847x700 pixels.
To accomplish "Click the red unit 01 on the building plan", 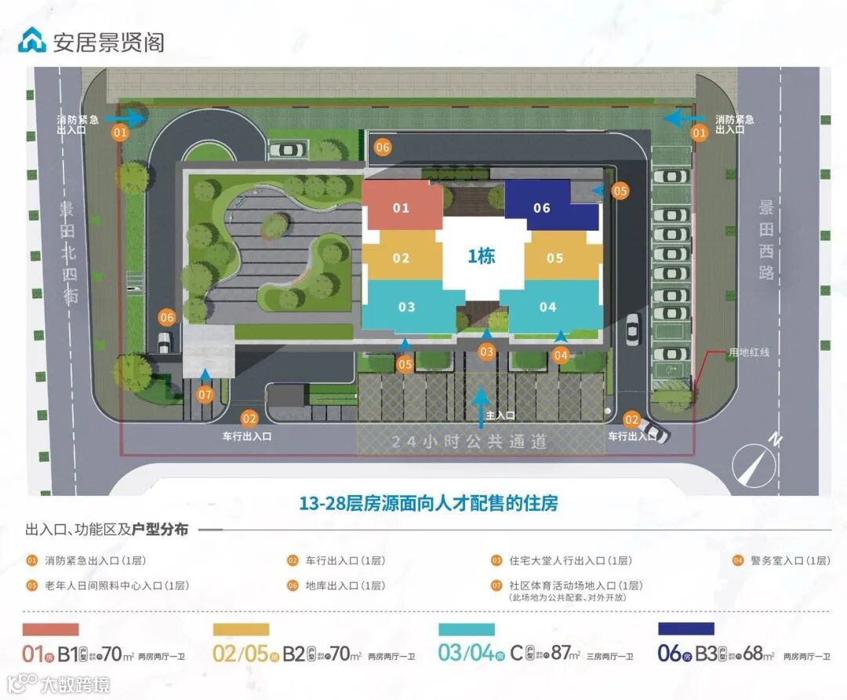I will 402,208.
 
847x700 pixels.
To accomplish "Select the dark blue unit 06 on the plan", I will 543,208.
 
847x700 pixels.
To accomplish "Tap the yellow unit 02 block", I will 402,258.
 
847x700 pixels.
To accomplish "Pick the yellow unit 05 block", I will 555,258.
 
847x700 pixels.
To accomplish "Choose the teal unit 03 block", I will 406,307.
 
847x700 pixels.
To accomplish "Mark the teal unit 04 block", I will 547,307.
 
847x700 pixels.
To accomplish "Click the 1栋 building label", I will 482,256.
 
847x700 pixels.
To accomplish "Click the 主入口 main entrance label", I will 500,415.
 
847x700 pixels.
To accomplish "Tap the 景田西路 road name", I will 766,240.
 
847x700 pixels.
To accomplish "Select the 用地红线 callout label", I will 748,352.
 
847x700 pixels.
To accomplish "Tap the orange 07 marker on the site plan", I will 205,395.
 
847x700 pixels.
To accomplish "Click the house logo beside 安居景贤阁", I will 32,40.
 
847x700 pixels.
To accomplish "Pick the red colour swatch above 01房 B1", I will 51,629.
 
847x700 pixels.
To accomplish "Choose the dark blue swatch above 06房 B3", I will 686,629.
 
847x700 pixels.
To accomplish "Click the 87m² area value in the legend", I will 563,654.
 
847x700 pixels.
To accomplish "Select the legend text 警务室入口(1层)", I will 790,560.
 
